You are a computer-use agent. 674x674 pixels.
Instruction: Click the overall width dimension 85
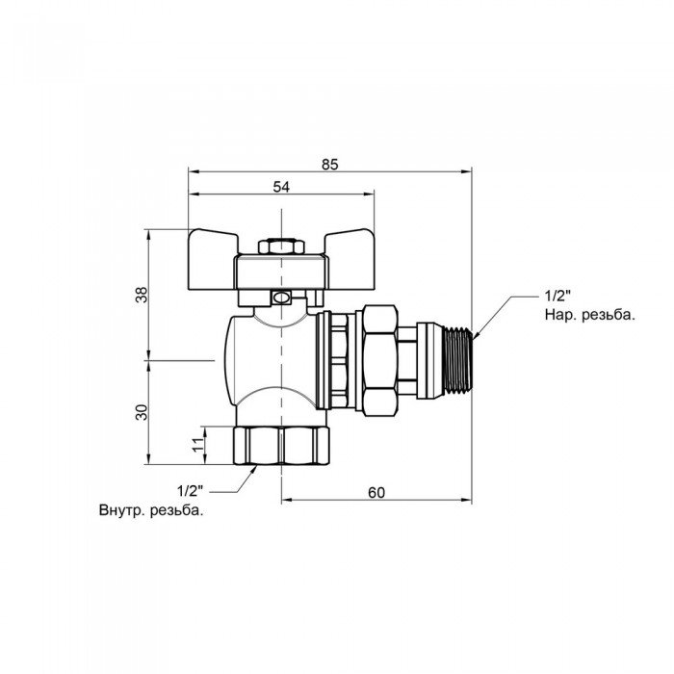pyautogui.click(x=329, y=164)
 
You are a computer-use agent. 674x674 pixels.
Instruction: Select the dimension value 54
pyautogui.click(x=281, y=187)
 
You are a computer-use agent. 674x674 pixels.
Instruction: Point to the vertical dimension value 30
pyautogui.click(x=141, y=411)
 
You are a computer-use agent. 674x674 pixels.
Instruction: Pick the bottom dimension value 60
pyautogui.click(x=376, y=492)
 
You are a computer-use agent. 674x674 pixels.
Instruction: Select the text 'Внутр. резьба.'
pyautogui.click(x=150, y=510)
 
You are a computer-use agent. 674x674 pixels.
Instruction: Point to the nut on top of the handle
pyautogui.click(x=280, y=247)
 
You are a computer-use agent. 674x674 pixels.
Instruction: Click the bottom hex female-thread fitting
pyautogui.click(x=280, y=443)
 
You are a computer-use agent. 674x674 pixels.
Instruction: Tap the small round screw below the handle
pyautogui.click(x=280, y=298)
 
